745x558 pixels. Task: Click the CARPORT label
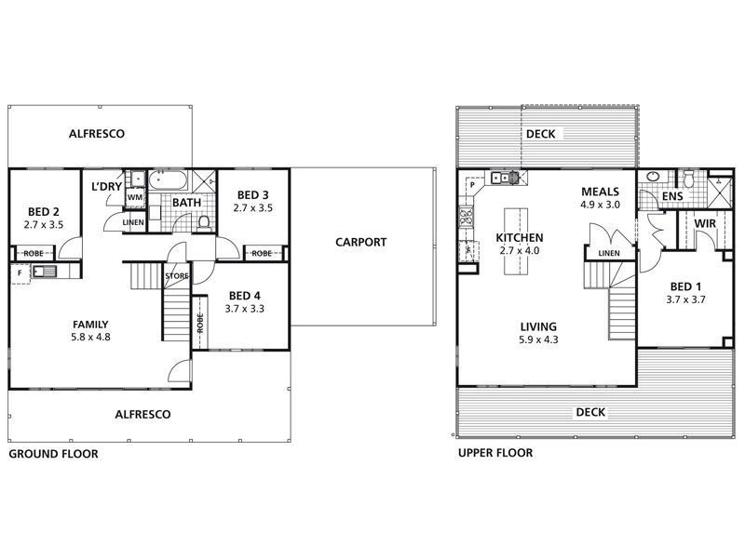pos(360,243)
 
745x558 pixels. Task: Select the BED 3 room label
pos(253,194)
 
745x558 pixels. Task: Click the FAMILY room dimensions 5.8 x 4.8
pos(91,338)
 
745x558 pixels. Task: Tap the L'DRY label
pos(106,187)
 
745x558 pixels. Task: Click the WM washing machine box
pos(134,197)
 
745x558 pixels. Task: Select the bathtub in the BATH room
pos(171,179)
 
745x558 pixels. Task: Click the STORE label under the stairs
pos(176,275)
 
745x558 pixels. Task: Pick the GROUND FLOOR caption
pos(53,454)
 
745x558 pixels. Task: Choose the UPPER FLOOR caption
pos(494,454)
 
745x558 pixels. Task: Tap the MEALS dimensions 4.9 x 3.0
pos(600,204)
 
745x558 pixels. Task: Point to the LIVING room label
pos(538,326)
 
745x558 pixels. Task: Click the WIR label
pos(704,223)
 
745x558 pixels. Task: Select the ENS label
pos(670,197)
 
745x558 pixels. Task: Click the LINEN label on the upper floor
pos(609,253)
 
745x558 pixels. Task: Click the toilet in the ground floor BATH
pos(204,221)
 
